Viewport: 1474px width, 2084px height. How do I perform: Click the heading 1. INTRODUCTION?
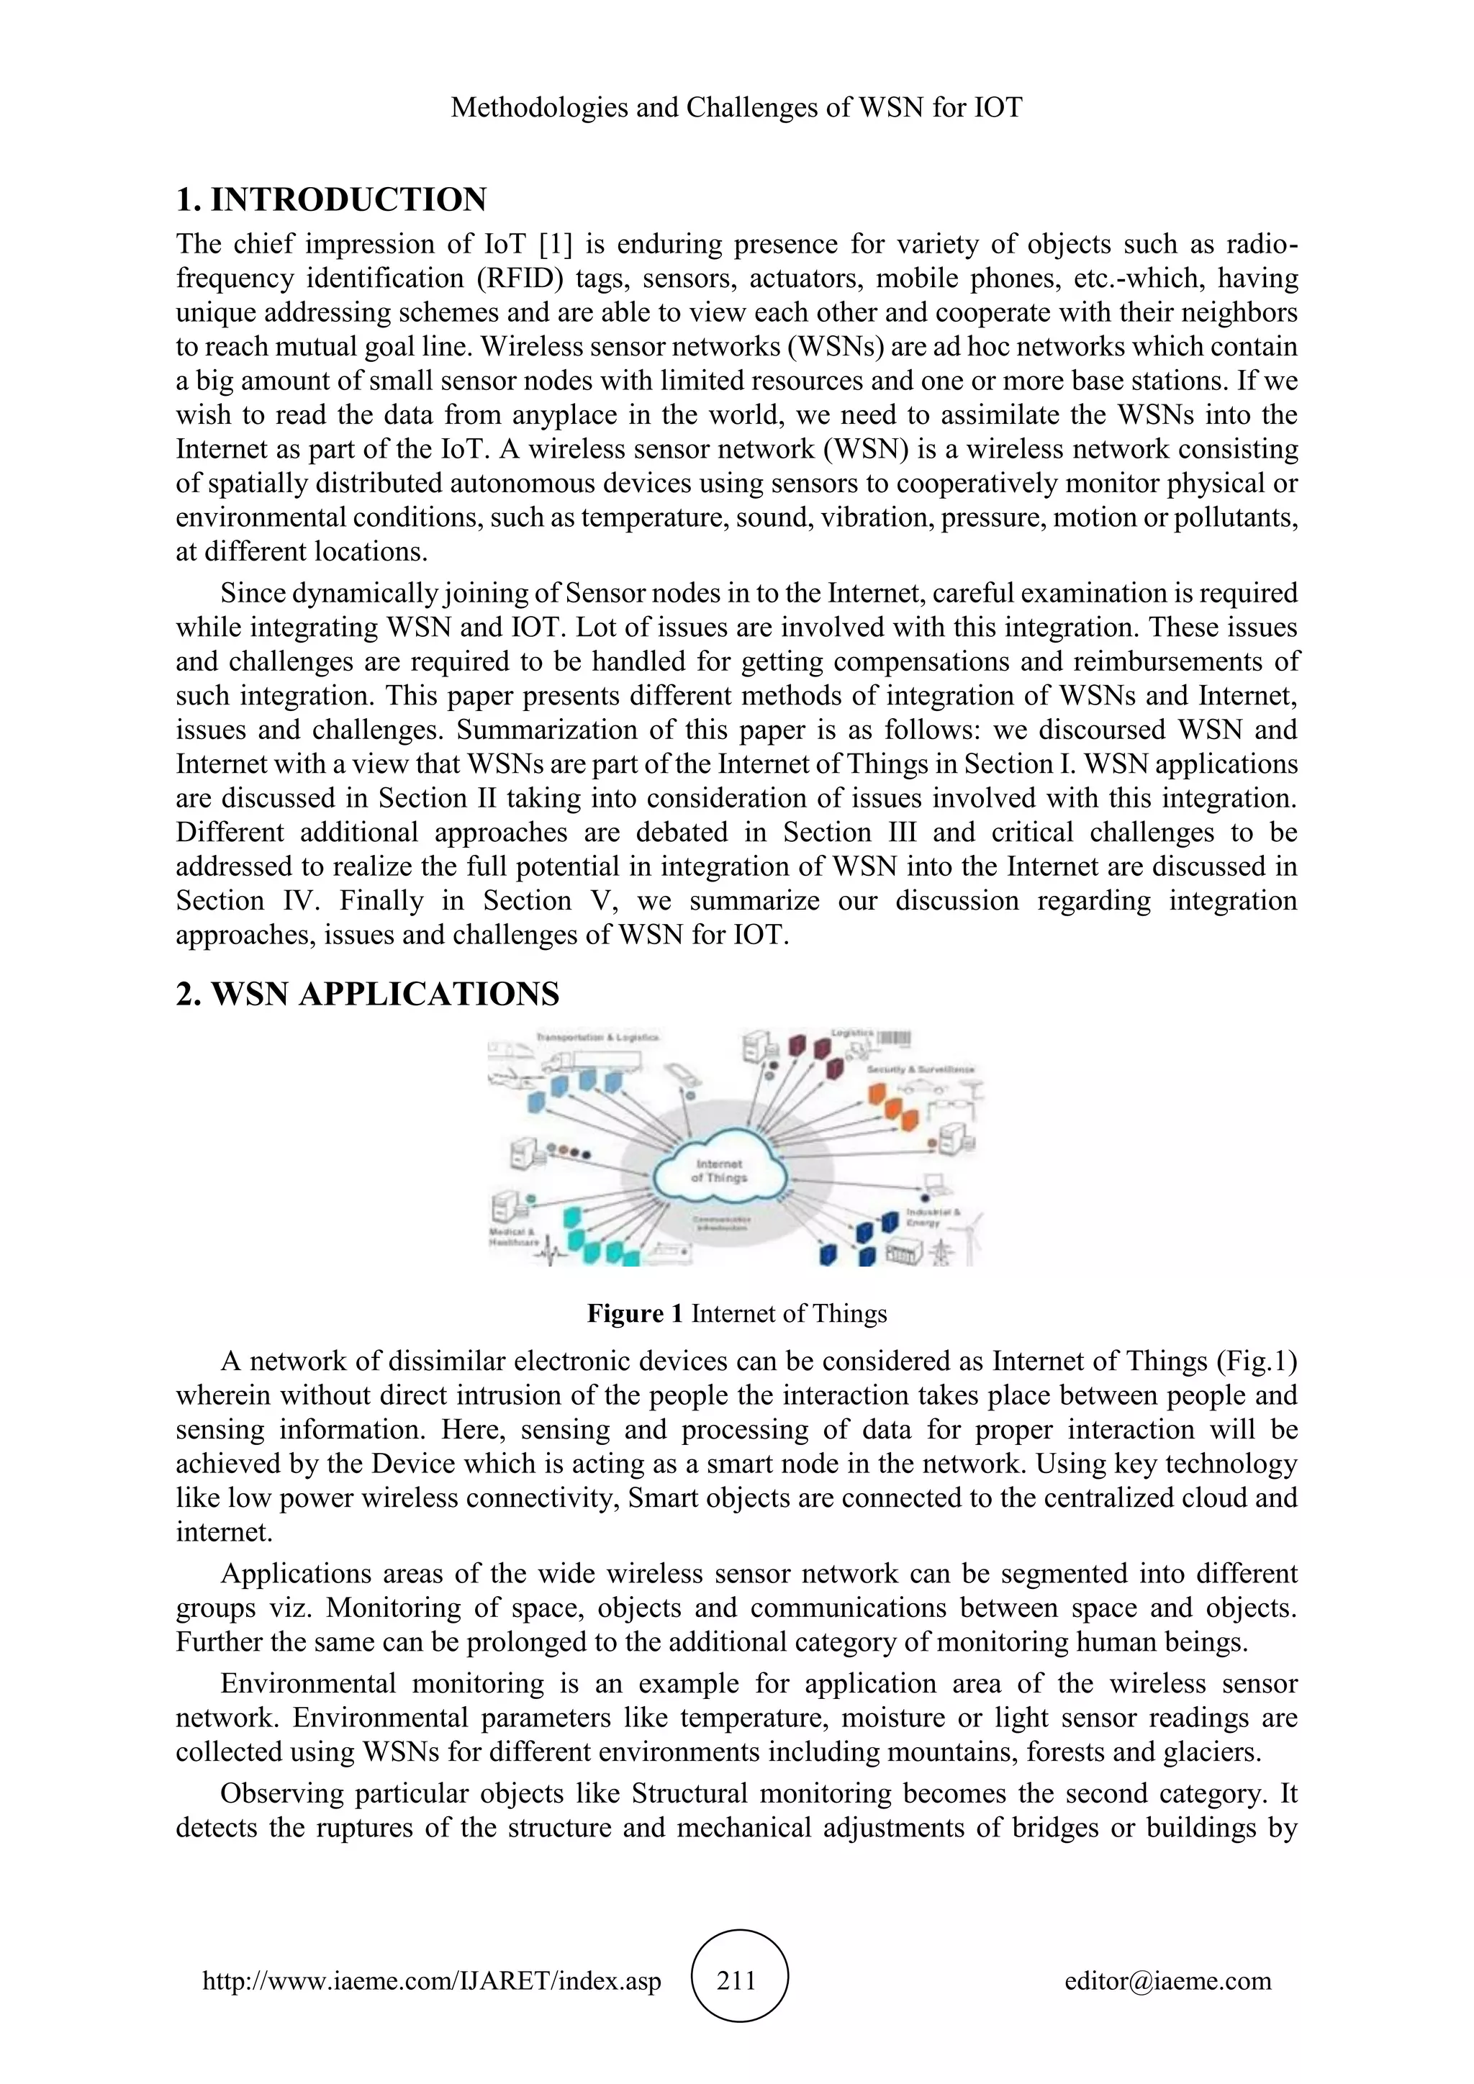[x=331, y=199]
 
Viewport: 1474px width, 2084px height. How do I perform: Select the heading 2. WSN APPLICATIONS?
[x=368, y=995]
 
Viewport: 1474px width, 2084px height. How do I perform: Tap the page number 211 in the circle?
[x=737, y=1980]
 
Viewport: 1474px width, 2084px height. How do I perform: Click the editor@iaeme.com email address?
[x=1168, y=1980]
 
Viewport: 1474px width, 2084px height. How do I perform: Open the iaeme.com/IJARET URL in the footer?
[x=432, y=1980]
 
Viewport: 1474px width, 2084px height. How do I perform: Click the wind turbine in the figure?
[x=971, y=1234]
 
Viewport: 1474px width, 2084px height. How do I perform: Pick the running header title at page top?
[x=736, y=108]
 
